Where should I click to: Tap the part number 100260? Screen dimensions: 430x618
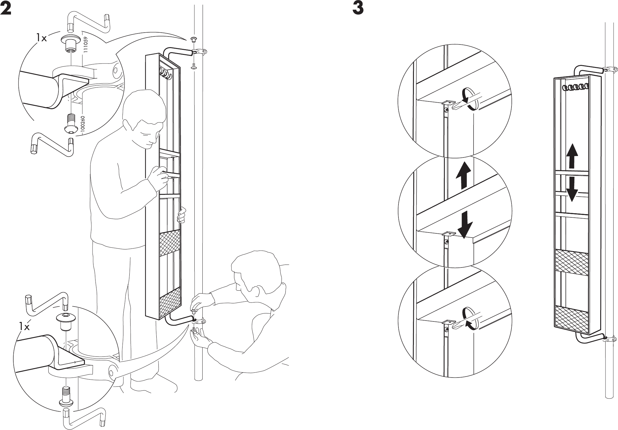(x=83, y=124)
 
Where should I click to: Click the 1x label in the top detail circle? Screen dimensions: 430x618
(x=42, y=38)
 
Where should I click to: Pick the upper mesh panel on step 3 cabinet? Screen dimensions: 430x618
(x=571, y=262)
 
